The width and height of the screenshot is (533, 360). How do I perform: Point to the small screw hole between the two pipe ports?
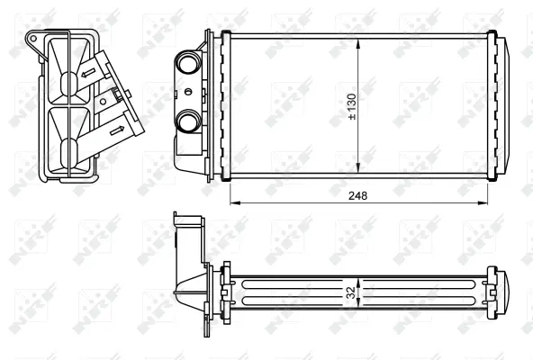pyautogui.click(x=186, y=91)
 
